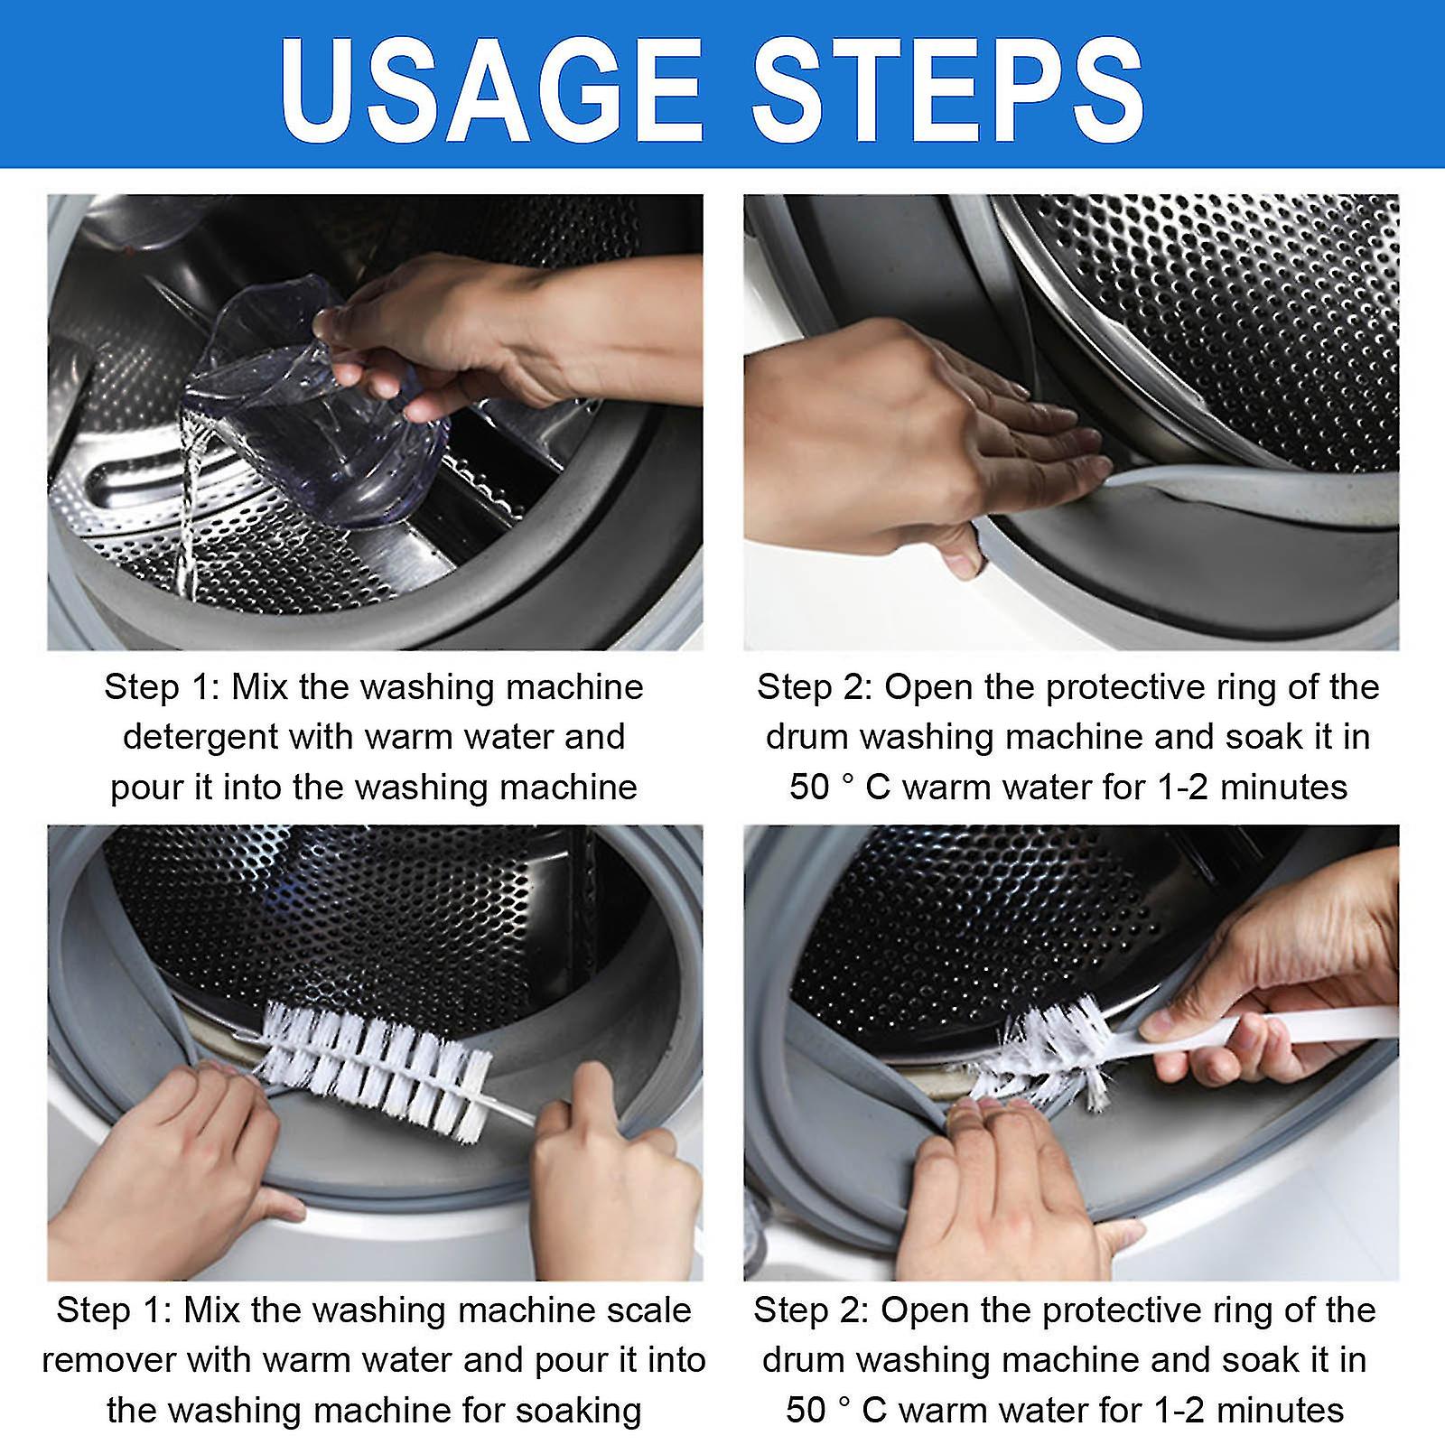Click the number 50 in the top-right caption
click(x=808, y=788)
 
